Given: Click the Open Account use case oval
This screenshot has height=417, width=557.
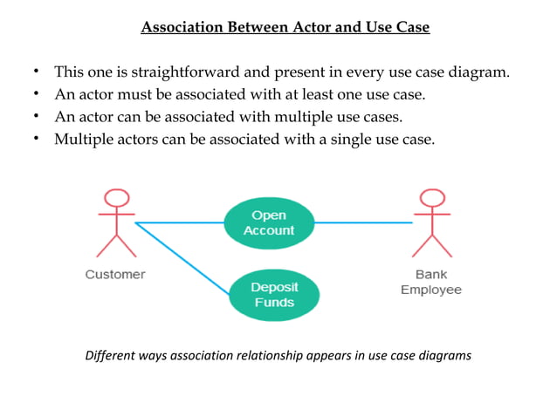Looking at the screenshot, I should pyautogui.click(x=268, y=222).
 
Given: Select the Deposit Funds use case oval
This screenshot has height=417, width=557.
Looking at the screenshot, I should pyautogui.click(x=273, y=294).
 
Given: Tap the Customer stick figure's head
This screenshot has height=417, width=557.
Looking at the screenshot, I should pyautogui.click(x=116, y=199).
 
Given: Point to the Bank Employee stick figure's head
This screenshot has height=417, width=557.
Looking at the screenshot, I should pyautogui.click(x=430, y=199).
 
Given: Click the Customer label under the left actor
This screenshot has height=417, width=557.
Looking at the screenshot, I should pyautogui.click(x=115, y=274).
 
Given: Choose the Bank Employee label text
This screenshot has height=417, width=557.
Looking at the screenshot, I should pyautogui.click(x=430, y=282).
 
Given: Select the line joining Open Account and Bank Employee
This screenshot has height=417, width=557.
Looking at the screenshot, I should pyautogui.click(x=362, y=222).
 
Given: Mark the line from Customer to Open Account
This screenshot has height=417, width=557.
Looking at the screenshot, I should pyautogui.click(x=179, y=222).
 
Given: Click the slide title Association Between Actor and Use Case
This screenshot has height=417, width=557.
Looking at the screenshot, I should pyautogui.click(x=285, y=27).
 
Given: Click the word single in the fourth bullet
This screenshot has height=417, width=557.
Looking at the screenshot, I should pyautogui.click(x=372, y=140).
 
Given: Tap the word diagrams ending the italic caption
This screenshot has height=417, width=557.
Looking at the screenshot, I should pyautogui.click(x=444, y=355).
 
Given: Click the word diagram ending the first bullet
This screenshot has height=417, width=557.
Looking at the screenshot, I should pyautogui.click(x=478, y=72).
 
